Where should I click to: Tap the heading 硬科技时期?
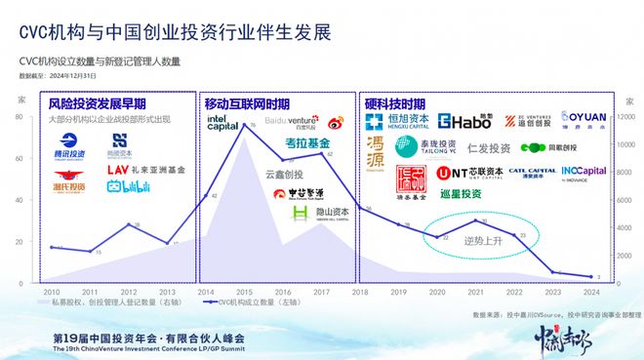click(x=394, y=102)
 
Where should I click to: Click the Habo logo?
click(x=465, y=122)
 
